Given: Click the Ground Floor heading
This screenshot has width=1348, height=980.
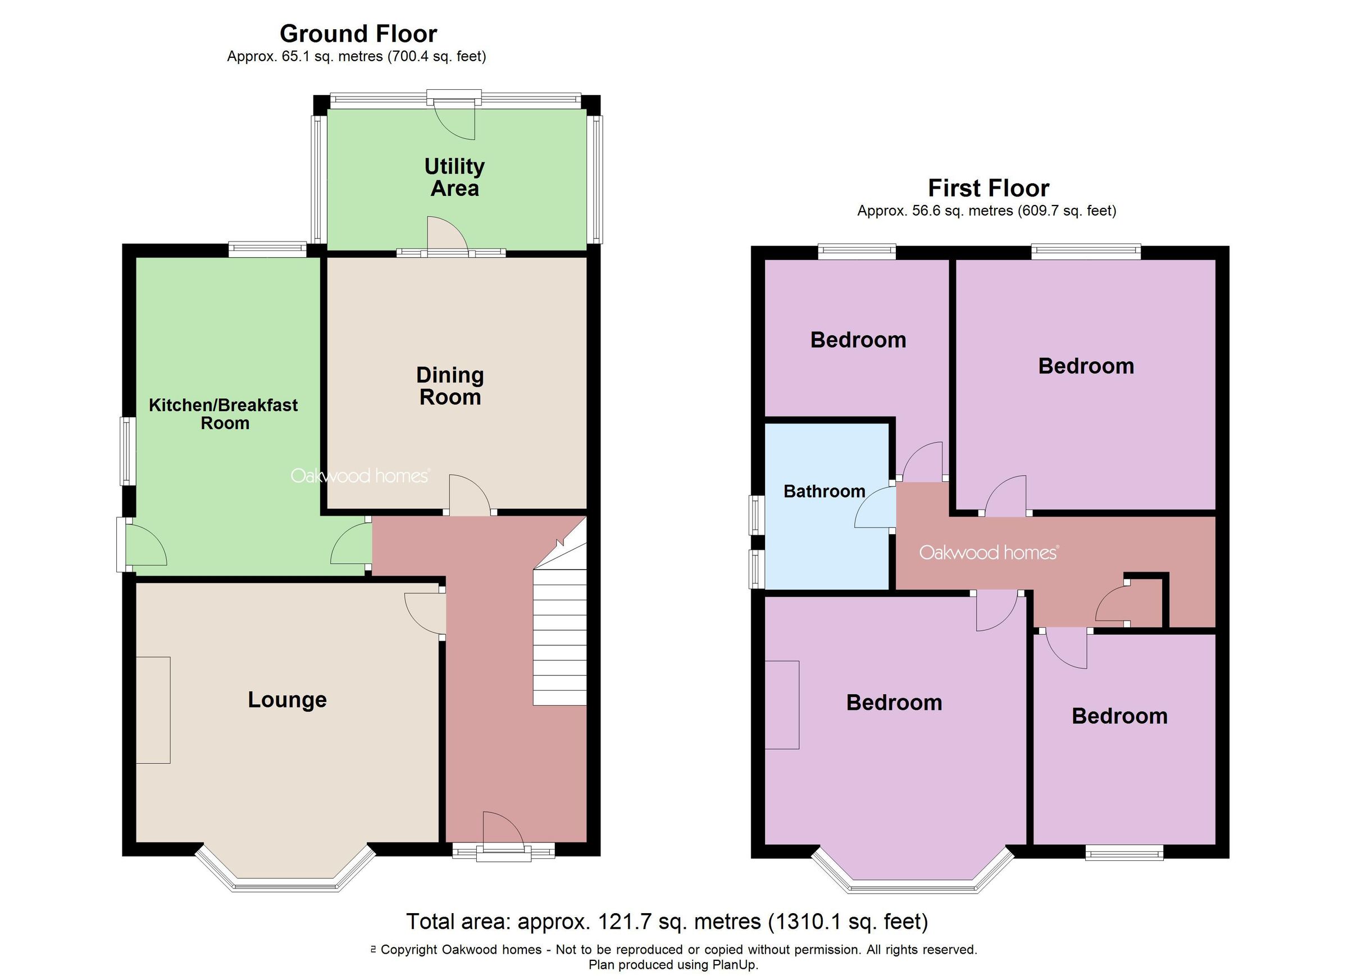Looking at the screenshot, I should (x=358, y=34).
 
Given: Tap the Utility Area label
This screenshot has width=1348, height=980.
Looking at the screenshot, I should (x=455, y=177).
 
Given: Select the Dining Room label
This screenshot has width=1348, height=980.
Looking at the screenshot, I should (x=450, y=386).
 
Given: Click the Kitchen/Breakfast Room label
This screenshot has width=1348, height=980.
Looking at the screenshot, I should (x=224, y=414).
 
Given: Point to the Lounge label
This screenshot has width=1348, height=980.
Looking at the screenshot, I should (x=287, y=700).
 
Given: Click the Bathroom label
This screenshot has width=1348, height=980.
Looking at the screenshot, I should (x=825, y=491).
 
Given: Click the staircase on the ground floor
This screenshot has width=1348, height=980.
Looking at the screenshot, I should (x=559, y=636).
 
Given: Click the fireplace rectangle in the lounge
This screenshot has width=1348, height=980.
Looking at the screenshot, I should (x=153, y=710).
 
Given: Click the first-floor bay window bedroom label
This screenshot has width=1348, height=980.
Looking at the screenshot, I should (x=894, y=703).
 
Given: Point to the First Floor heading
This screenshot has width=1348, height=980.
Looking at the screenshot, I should (x=989, y=188).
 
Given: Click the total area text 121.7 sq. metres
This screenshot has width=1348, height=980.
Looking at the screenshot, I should (x=667, y=922).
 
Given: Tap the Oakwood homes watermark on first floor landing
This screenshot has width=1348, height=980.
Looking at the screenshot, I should (x=989, y=553).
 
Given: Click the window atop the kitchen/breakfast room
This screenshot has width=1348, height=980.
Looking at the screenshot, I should (x=267, y=249).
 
